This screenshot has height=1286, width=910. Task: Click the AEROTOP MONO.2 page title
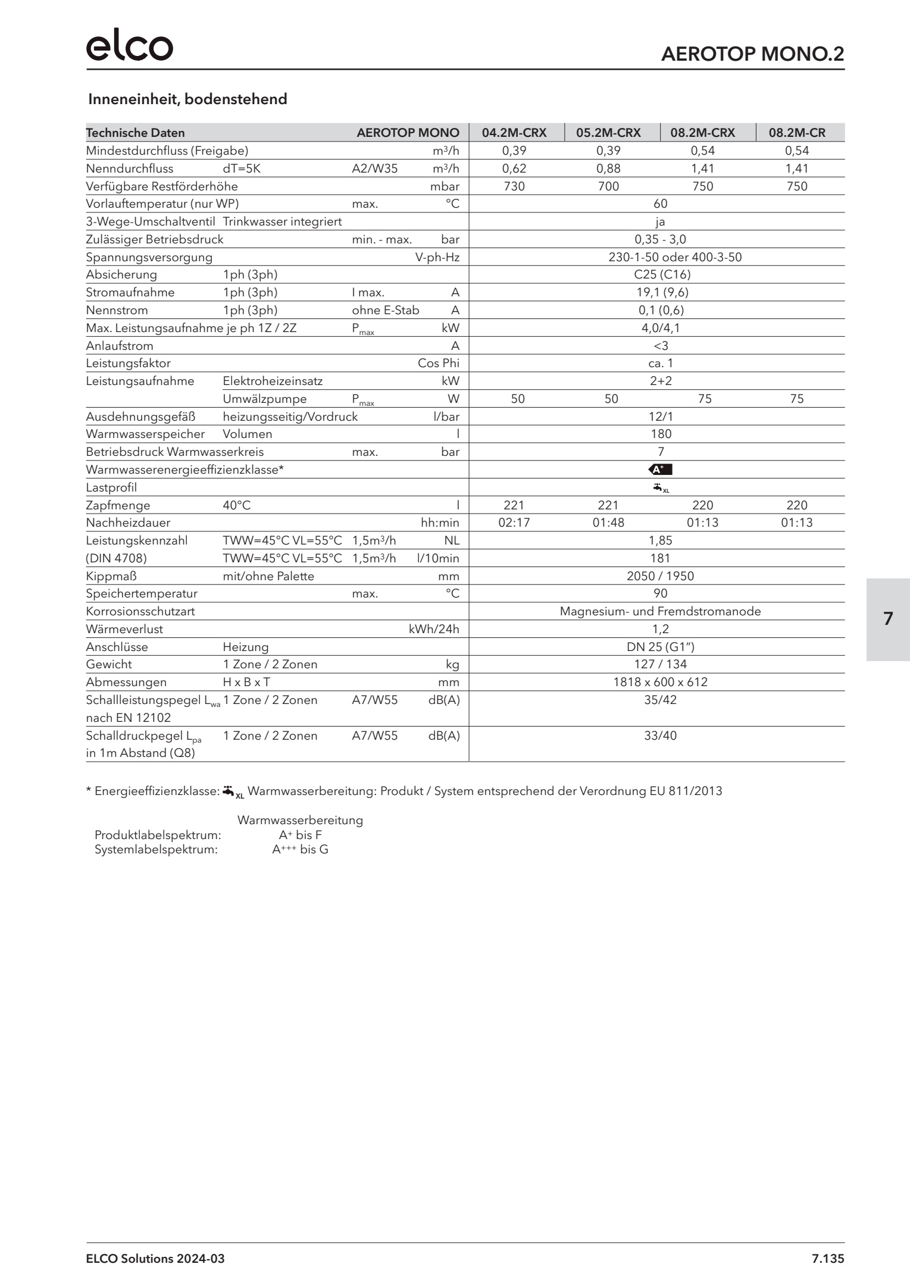click(x=752, y=54)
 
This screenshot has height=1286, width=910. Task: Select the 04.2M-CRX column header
click(x=514, y=133)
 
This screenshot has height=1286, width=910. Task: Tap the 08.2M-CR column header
click(x=797, y=133)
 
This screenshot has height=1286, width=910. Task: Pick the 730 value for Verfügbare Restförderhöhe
click(x=514, y=186)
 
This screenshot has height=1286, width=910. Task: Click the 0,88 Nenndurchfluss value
click(x=608, y=168)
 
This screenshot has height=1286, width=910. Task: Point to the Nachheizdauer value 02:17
click(x=514, y=522)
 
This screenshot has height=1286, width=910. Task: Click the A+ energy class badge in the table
click(x=660, y=470)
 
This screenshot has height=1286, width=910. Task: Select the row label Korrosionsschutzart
click(x=140, y=611)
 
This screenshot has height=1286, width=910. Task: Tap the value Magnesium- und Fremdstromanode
click(x=660, y=611)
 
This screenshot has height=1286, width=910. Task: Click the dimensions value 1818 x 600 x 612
click(x=660, y=682)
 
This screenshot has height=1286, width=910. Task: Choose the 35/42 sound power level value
click(x=660, y=700)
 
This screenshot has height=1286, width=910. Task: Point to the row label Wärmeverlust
click(x=124, y=629)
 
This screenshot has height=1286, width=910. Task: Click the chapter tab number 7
click(x=888, y=619)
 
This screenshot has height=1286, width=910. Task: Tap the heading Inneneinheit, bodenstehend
click(x=187, y=99)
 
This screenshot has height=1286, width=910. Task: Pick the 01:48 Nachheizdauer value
click(x=608, y=522)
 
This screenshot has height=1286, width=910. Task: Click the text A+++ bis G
click(x=300, y=850)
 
